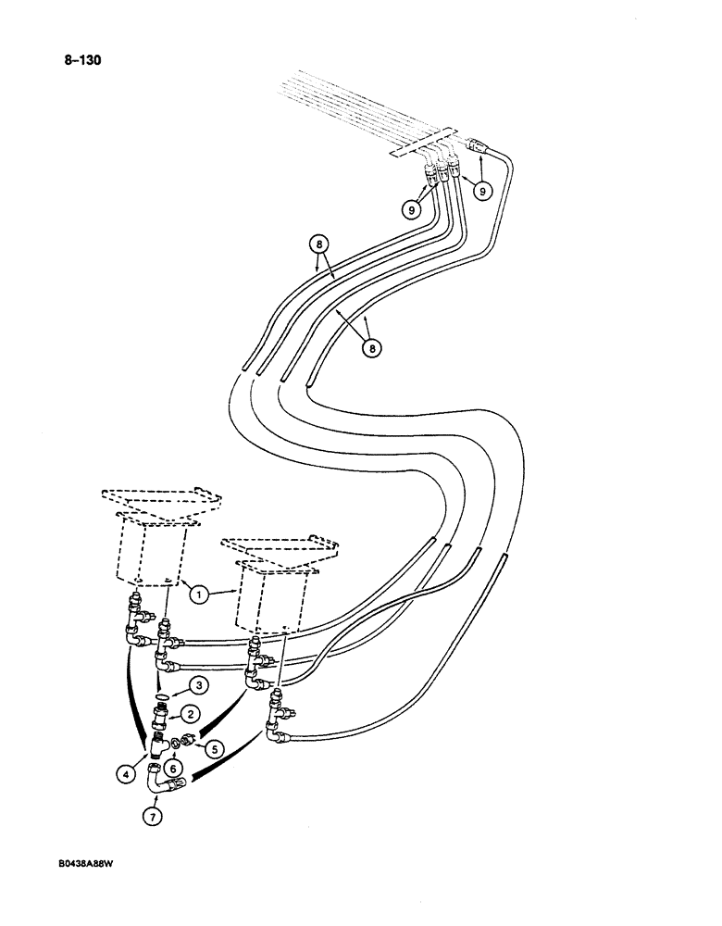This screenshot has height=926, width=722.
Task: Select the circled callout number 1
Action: pos(198,595)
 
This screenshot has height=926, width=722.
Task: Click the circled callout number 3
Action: pos(197,685)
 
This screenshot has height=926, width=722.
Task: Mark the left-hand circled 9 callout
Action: pos(411,209)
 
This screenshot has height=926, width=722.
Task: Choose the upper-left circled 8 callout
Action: pos(318,246)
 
